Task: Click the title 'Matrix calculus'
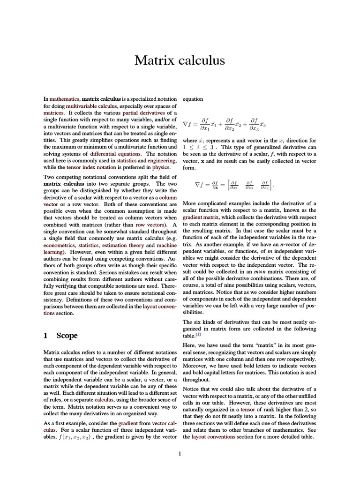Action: point(180,60)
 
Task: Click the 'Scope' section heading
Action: point(67,336)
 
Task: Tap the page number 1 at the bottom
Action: point(180,453)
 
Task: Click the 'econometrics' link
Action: point(60,245)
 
